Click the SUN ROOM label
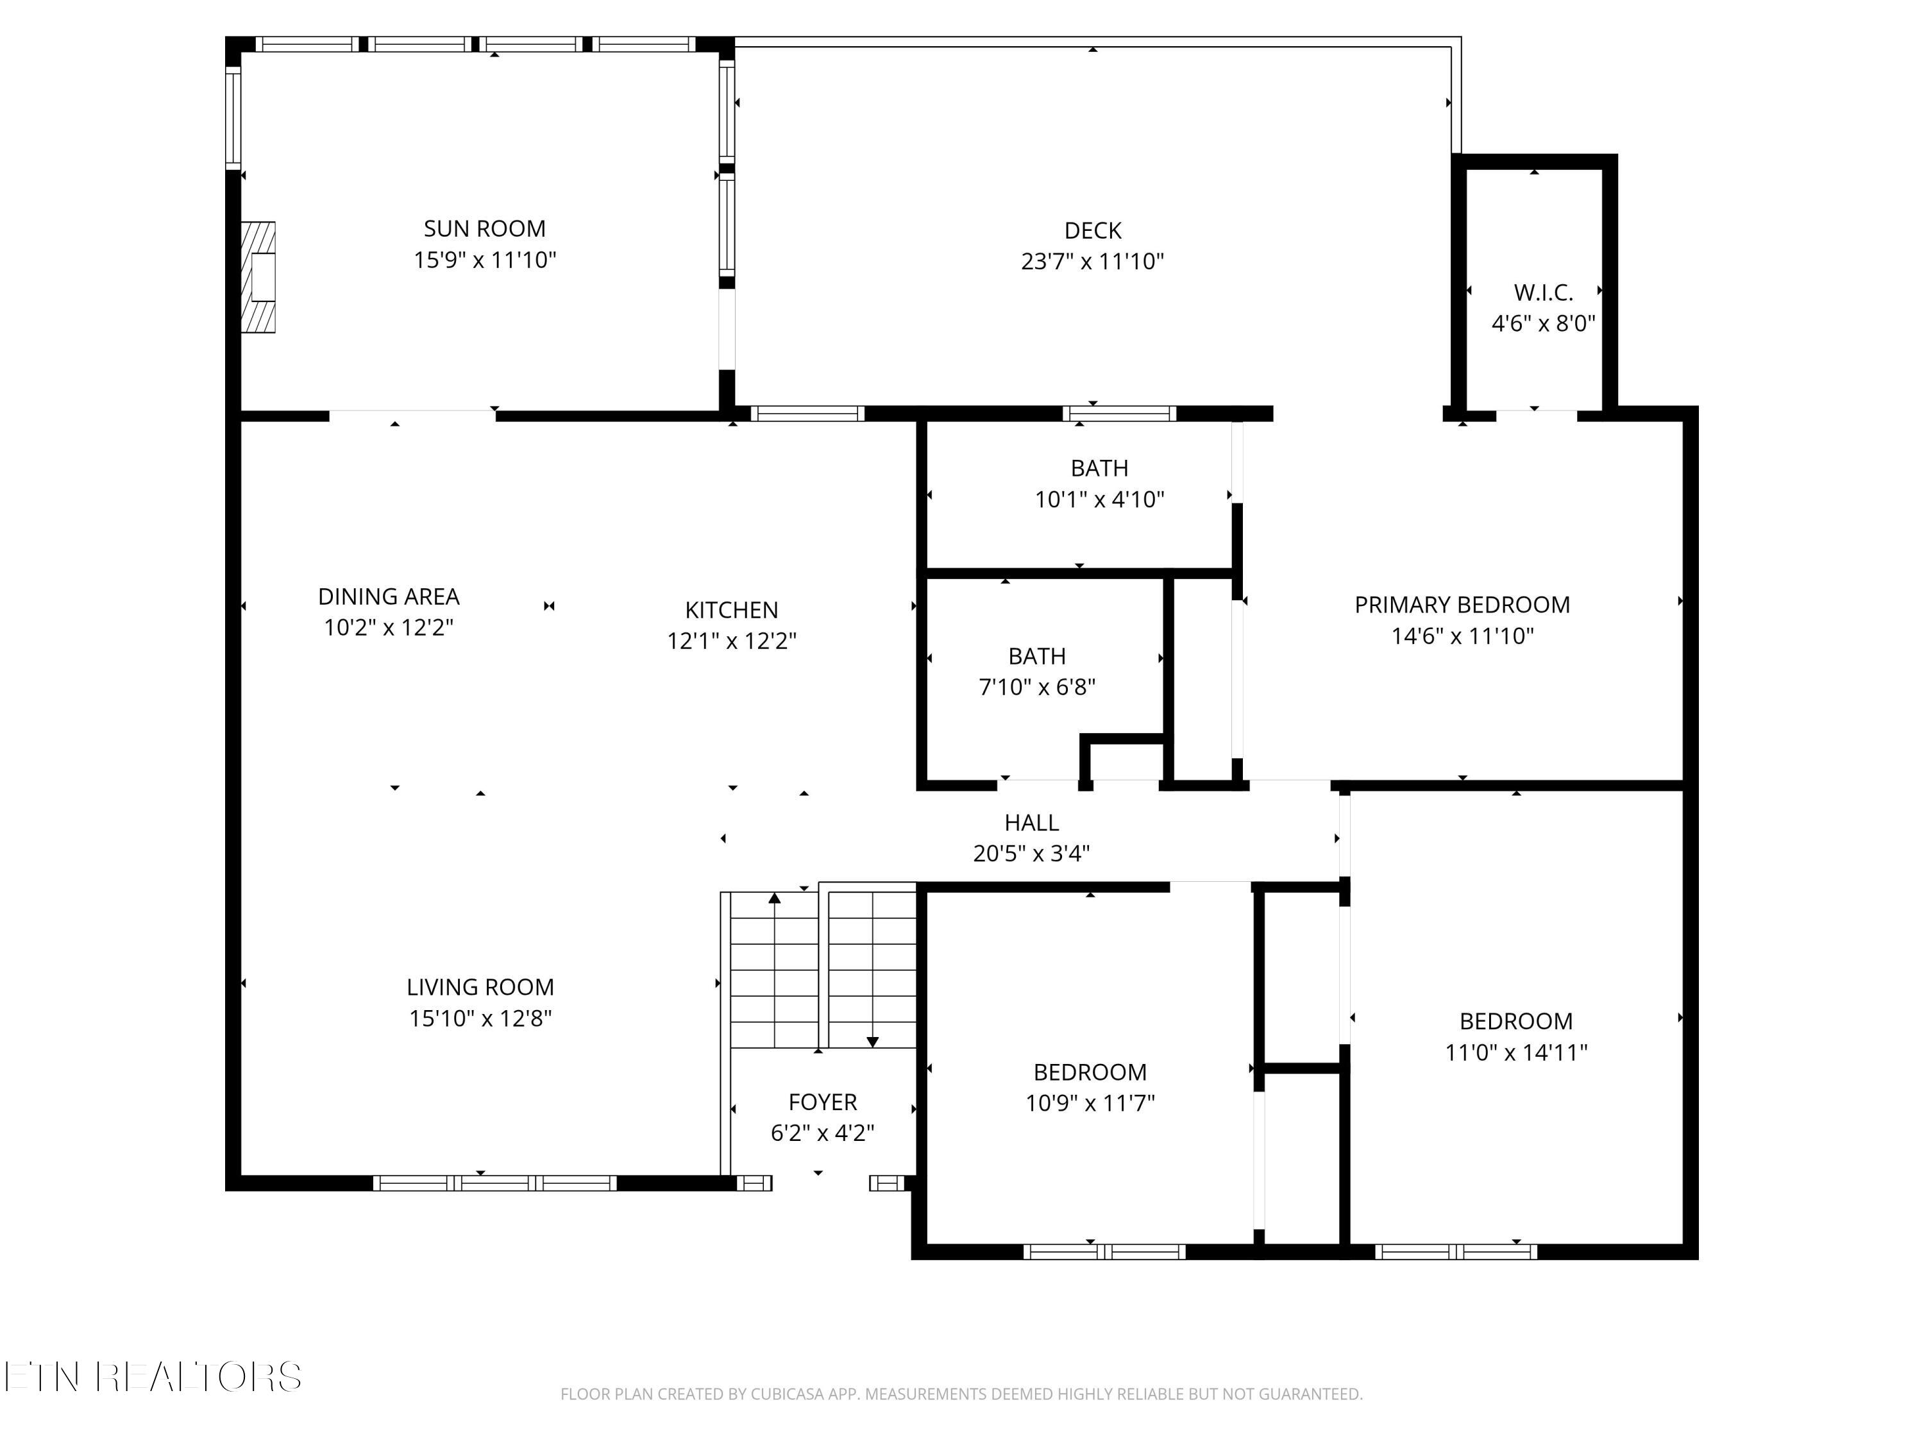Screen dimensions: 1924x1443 [x=484, y=229]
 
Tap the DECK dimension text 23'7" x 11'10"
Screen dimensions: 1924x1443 [x=1092, y=262]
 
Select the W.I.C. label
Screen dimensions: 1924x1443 [x=1543, y=292]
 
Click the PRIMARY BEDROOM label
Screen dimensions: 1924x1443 [x=1462, y=605]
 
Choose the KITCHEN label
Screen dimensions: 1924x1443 [x=732, y=610]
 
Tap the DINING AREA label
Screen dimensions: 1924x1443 [x=389, y=596]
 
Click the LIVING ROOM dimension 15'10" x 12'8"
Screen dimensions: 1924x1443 [x=481, y=1018]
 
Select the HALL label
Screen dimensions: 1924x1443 [x=1031, y=823]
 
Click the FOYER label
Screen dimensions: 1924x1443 [x=823, y=1102]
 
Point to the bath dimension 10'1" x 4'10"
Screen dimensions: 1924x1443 [x=1099, y=499]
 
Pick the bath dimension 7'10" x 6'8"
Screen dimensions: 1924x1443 [x=1037, y=687]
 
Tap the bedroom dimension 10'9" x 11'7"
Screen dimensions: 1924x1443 [x=1090, y=1103]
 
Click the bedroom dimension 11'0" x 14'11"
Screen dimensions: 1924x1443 [x=1516, y=1052]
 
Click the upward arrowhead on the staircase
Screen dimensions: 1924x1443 [x=774, y=898]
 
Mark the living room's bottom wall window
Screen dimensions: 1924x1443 [x=495, y=1183]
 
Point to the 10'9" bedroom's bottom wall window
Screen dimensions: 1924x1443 [x=1104, y=1253]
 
